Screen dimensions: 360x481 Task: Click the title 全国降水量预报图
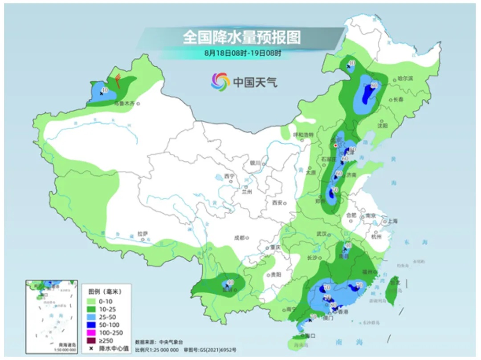tap(241, 37)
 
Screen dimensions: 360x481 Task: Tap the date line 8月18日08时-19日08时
tap(243, 53)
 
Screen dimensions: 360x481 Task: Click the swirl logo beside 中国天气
tap(220, 81)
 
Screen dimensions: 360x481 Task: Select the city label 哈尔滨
tap(405, 79)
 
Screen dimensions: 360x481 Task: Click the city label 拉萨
tap(142, 233)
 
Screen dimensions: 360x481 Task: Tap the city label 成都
tap(240, 238)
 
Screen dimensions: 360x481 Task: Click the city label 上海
tap(392, 221)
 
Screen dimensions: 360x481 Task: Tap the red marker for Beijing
tap(335, 145)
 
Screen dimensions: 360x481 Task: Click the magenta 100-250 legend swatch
tap(92, 332)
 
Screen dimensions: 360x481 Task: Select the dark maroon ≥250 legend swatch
tap(92, 340)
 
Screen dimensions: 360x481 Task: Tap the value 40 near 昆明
tap(230, 282)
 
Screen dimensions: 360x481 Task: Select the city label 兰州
tap(247, 192)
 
